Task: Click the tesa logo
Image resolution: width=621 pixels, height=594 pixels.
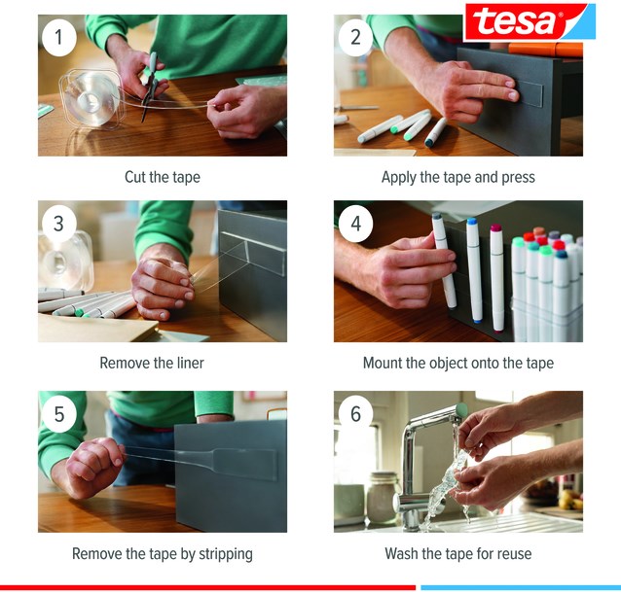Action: point(530,22)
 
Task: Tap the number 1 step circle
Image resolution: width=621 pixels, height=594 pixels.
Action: point(59,38)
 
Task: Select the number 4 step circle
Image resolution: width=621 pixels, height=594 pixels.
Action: point(355,224)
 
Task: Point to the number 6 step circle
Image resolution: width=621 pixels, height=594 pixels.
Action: point(355,414)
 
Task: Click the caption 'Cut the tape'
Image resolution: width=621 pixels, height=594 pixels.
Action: point(163,177)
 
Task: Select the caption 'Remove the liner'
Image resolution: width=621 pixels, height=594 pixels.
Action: point(152,363)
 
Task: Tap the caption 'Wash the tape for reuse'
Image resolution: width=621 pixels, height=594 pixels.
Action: point(458,553)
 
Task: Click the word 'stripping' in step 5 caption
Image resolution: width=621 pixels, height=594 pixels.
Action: point(226,554)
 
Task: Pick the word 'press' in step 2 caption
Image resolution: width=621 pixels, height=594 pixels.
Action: point(519,178)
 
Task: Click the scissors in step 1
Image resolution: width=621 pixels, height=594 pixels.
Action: point(151,85)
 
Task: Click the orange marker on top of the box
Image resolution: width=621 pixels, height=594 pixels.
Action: point(545,50)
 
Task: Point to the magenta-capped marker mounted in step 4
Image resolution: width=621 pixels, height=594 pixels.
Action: point(496,278)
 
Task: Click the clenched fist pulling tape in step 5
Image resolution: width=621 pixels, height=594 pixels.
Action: point(95,467)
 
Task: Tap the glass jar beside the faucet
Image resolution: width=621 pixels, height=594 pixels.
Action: point(382,498)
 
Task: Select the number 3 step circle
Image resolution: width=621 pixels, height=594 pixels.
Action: point(59,224)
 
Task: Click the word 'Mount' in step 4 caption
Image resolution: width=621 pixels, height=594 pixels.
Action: point(383,363)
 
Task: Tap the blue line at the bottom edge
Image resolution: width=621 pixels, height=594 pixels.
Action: point(521,587)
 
